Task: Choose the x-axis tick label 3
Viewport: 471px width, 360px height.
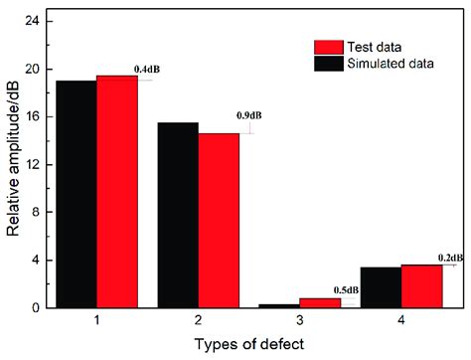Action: (x=299, y=322)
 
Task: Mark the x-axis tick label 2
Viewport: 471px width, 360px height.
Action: (x=198, y=322)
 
